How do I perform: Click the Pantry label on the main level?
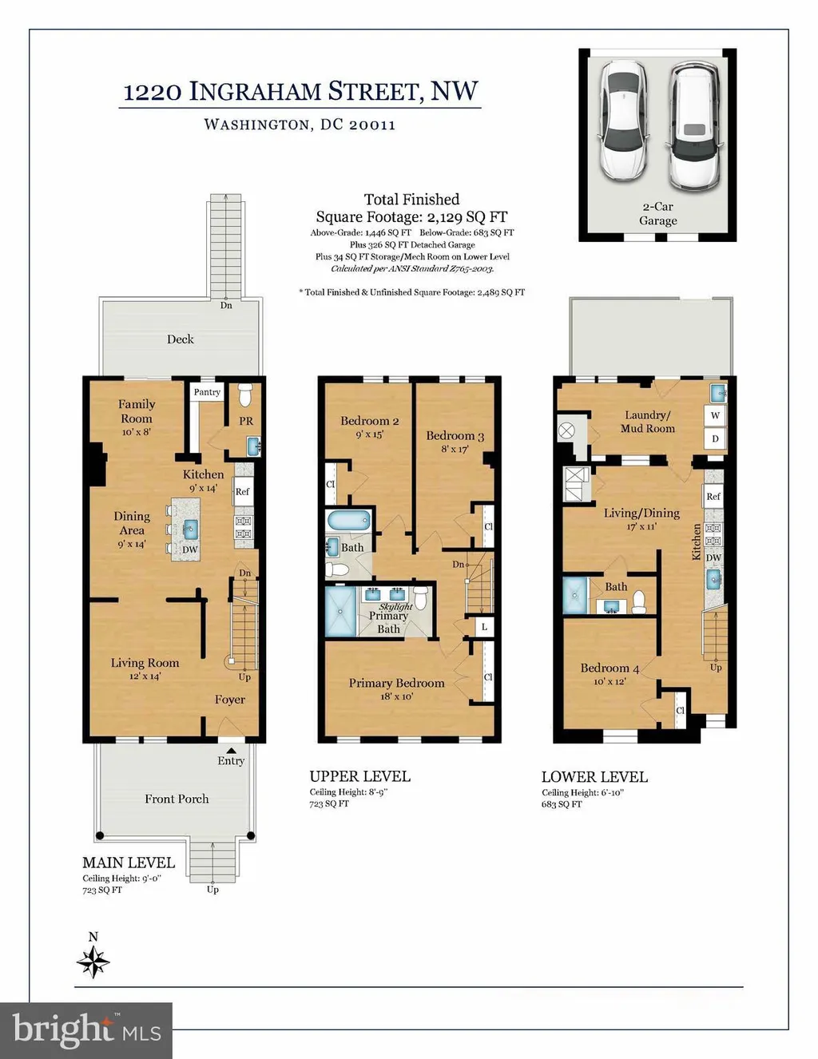coord(207,392)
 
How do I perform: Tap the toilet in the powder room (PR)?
coord(245,395)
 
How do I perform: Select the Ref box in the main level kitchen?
coord(242,492)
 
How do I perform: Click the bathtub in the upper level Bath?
coord(348,521)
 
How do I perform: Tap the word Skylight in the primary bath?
coord(396,606)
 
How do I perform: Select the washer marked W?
coord(715,416)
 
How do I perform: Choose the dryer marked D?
coord(715,438)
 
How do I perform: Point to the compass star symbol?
coord(93,962)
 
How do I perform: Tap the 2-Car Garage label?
coord(657,213)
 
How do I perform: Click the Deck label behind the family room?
coord(181,339)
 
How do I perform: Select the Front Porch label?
coord(177,799)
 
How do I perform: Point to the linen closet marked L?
coord(484,627)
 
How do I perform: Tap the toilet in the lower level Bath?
coord(638,602)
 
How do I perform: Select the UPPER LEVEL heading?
coord(359,776)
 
